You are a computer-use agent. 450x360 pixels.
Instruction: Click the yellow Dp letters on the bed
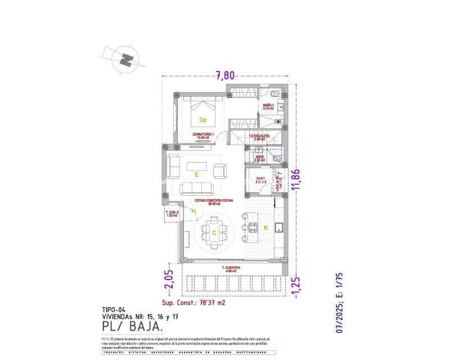pyautogui.click(x=203, y=119)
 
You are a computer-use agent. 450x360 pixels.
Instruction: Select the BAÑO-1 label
pyautogui.click(x=269, y=106)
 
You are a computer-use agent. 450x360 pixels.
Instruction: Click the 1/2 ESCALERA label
pyautogui.click(x=260, y=137)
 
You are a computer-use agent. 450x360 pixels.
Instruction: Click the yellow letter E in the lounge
pyautogui.click(x=196, y=175)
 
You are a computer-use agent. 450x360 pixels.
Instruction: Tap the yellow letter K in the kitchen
pyautogui.click(x=266, y=227)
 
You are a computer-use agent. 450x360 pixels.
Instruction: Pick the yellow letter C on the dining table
pyautogui.click(x=214, y=232)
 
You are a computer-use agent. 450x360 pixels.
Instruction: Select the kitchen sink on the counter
pyautogui.click(x=277, y=227)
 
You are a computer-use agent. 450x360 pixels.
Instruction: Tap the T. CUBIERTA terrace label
pyautogui.click(x=231, y=267)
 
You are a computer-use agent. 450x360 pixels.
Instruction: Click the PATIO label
pyautogui.click(x=260, y=179)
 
